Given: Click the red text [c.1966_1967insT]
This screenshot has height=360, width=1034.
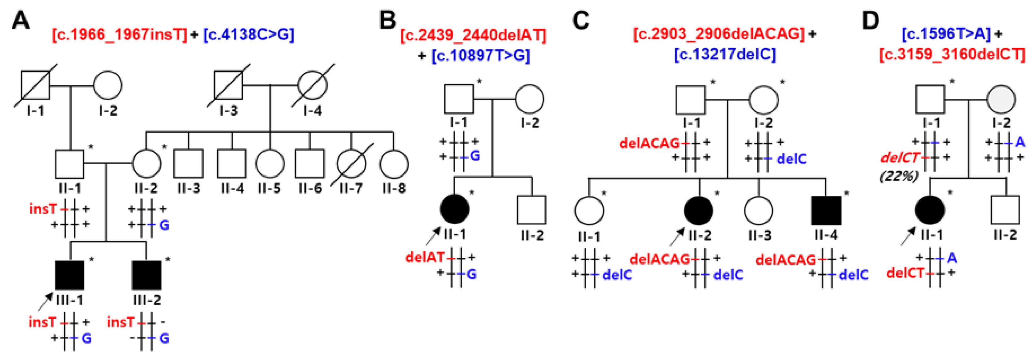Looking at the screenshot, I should (x=119, y=34).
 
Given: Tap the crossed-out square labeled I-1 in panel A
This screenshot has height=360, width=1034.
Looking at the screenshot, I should (x=35, y=85).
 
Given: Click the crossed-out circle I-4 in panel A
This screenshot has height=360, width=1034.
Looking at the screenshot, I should (x=313, y=85).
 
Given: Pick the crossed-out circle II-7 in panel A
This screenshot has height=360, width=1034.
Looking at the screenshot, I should (x=351, y=164).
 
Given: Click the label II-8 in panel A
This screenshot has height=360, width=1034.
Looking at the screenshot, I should (x=394, y=188).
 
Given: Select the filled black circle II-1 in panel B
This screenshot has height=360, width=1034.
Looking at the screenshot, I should (x=455, y=209).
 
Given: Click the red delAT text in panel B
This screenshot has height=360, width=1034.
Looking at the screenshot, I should (x=425, y=257).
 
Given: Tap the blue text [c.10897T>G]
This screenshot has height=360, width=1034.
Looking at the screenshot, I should (x=480, y=55).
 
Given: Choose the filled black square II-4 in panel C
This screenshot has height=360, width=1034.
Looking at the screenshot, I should (x=826, y=210).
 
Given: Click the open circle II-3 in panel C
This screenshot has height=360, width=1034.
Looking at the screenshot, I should (x=758, y=210).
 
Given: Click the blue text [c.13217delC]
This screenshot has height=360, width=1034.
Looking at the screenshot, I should (x=725, y=54).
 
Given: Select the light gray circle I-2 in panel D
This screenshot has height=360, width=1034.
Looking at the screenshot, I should (x=1001, y=99).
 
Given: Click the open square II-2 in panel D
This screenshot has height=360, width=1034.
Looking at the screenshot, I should (x=1005, y=210).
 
